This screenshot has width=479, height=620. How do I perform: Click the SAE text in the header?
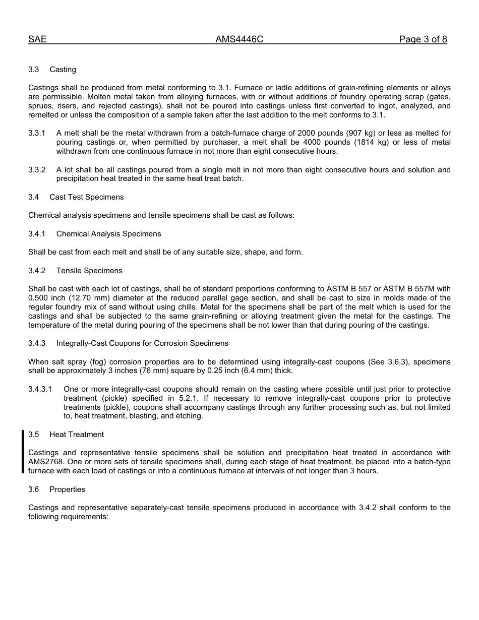(x=37, y=39)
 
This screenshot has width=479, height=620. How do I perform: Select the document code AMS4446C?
(x=239, y=39)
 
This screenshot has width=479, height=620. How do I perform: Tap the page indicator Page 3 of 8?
(x=423, y=39)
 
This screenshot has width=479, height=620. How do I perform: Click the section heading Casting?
(x=63, y=70)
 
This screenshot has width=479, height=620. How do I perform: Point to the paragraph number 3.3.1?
(x=37, y=134)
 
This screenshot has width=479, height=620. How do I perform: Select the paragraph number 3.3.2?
(x=37, y=170)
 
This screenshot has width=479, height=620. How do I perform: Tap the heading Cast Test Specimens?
(x=86, y=197)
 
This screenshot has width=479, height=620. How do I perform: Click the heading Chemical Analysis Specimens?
(x=108, y=234)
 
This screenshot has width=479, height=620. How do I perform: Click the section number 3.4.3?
(x=37, y=343)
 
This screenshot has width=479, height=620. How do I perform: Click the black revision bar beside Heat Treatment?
(x=23, y=452)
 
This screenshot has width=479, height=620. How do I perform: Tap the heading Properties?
(x=67, y=489)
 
